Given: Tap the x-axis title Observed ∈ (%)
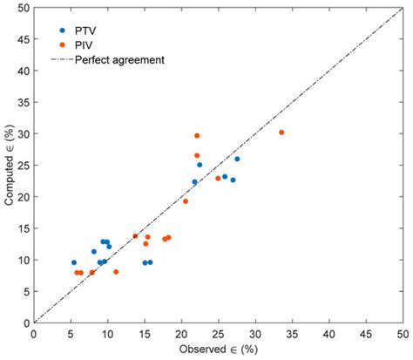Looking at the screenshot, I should pyautogui.click(x=219, y=349).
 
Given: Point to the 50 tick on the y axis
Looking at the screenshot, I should pyautogui.click(x=22, y=8).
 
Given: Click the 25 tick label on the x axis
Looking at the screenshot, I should pyautogui.click(x=218, y=334).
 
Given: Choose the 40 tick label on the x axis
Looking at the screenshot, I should pyautogui.click(x=328, y=334).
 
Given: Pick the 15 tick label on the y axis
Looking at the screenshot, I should pyautogui.click(x=22, y=228).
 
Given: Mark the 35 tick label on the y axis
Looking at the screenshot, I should pyautogui.click(x=22, y=102).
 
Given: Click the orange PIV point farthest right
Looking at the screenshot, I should pyautogui.click(x=281, y=132).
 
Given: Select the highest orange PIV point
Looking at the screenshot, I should pyautogui.click(x=197, y=136).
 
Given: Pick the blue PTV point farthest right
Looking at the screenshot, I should pyautogui.click(x=237, y=159).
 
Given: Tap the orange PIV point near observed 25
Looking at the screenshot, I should pyautogui.click(x=218, y=179).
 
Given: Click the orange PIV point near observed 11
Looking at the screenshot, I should pyautogui.click(x=116, y=272).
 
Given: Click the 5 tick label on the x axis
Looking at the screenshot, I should pyautogui.click(x=71, y=334).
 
